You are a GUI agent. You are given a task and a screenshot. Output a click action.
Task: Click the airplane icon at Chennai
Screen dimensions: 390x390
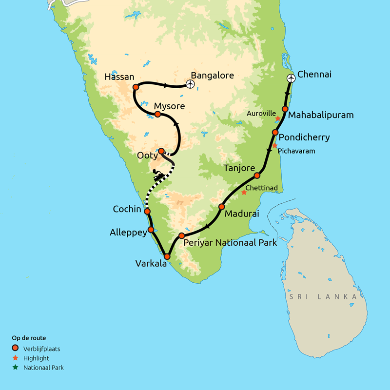(x=291, y=78)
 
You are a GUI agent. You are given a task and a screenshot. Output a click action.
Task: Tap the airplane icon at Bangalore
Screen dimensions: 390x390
(x=191, y=84)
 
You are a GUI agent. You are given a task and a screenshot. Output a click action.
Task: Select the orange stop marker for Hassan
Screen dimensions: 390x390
(x=136, y=87)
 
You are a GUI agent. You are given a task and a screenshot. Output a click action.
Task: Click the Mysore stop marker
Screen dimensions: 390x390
(x=157, y=114)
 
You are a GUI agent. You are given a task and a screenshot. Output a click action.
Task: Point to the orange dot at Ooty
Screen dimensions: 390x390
(x=161, y=151)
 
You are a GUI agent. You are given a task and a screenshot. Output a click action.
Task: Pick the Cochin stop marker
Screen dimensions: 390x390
(x=147, y=211)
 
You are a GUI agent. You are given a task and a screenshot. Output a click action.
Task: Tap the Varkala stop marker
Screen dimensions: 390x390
(x=167, y=256)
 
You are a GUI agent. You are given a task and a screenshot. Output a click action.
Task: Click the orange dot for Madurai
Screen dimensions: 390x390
(x=221, y=207)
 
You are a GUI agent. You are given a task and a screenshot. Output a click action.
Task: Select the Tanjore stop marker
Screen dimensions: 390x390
(x=256, y=175)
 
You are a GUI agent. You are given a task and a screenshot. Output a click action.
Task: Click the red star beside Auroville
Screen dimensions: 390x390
(x=277, y=118)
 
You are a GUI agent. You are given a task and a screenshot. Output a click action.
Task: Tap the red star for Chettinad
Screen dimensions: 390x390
(x=244, y=193)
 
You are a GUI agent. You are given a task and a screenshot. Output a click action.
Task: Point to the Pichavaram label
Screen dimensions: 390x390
(x=296, y=151)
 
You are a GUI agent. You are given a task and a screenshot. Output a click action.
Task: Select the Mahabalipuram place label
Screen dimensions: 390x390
(x=320, y=115)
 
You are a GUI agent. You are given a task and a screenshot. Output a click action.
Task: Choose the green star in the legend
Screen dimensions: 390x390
(x=16, y=368)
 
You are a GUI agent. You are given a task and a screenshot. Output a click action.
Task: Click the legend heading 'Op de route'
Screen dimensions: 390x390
(x=29, y=338)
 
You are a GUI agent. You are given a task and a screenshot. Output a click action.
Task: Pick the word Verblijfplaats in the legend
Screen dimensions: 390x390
(x=41, y=349)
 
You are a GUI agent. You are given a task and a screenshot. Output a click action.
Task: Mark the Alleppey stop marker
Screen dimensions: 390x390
(x=151, y=229)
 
